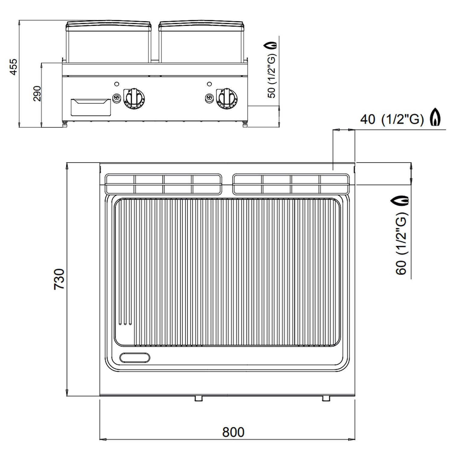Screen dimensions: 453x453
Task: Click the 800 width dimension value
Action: [233, 432]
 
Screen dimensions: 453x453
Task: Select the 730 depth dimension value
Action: [59, 279]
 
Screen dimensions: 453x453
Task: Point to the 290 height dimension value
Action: [37, 94]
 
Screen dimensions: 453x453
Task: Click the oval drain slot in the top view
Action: [135, 357]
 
